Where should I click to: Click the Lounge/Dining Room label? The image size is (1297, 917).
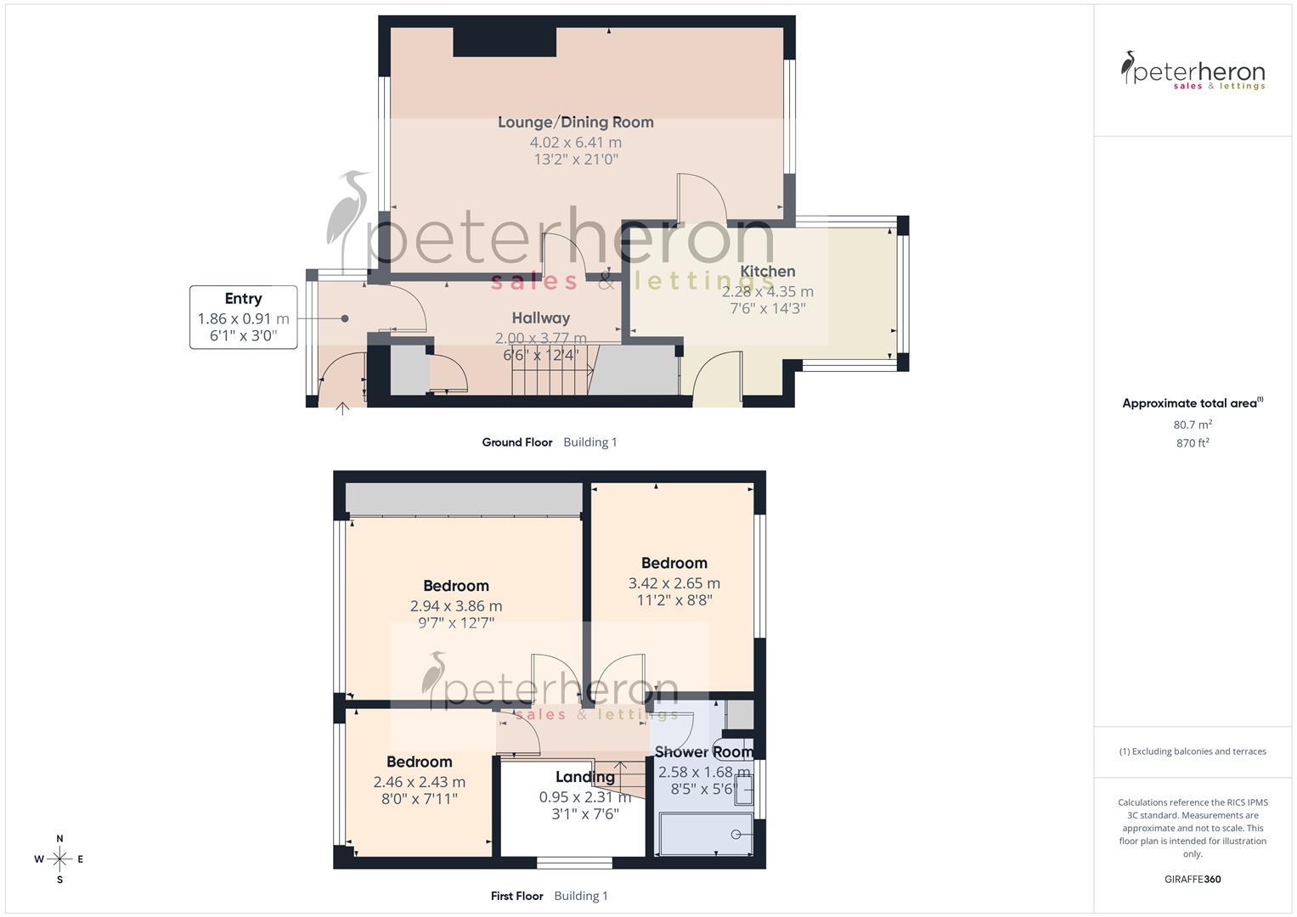(x=575, y=122)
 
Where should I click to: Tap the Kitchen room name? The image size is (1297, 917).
(x=767, y=272)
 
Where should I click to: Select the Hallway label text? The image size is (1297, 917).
(x=540, y=318)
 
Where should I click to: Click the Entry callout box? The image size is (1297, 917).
(x=243, y=318)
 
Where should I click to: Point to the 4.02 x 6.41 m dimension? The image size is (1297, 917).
(x=575, y=143)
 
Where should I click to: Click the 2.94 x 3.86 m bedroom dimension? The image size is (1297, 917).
(x=455, y=606)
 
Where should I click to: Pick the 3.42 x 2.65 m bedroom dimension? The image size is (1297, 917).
(x=674, y=583)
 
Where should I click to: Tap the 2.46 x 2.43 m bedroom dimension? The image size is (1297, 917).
(x=419, y=782)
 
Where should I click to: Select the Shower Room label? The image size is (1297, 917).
(x=703, y=752)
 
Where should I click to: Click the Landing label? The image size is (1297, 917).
(x=584, y=777)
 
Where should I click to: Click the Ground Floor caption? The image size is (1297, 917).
(x=516, y=442)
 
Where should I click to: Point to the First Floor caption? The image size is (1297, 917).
(x=516, y=896)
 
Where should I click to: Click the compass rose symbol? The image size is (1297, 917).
(x=59, y=859)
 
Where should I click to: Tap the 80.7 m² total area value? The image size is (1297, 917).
(x=1192, y=425)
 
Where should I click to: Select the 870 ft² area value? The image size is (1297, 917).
(x=1192, y=443)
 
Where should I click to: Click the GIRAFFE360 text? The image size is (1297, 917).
(x=1192, y=879)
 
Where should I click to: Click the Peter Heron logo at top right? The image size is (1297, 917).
(x=1193, y=71)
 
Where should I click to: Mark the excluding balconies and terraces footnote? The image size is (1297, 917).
(x=1192, y=751)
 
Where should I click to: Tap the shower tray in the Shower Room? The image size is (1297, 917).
(x=704, y=834)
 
